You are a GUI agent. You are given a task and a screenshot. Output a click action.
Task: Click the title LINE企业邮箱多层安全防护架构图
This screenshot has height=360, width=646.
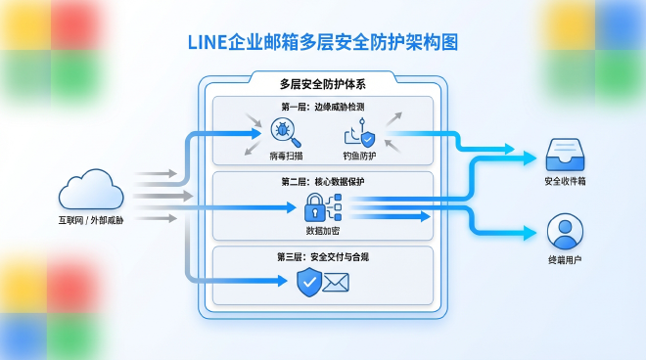click(322, 43)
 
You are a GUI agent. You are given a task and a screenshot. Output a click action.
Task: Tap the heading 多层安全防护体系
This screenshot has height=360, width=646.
click(322, 83)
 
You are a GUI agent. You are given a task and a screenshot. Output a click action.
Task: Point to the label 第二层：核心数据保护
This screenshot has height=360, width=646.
click(323, 181)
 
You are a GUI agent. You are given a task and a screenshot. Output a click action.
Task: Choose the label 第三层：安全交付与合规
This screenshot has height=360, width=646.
click(323, 256)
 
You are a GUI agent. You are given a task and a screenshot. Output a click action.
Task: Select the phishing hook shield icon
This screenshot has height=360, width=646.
click(356, 135)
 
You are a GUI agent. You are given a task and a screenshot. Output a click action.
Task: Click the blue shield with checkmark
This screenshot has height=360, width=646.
click(309, 283)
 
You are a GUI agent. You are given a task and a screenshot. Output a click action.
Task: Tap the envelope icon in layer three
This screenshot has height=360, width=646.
click(337, 284)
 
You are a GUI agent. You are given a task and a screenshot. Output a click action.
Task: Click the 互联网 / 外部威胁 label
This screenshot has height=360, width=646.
click(90, 220)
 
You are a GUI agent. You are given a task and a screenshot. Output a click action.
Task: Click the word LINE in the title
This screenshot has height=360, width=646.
click(207, 43)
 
